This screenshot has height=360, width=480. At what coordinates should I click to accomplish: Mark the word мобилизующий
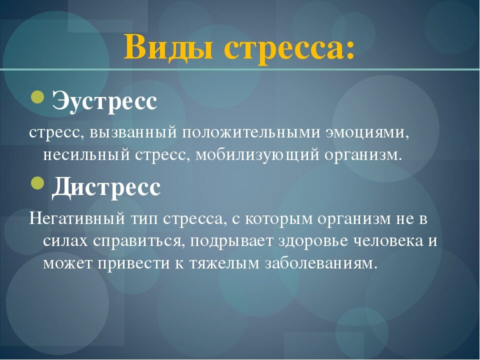coord(257,154)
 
